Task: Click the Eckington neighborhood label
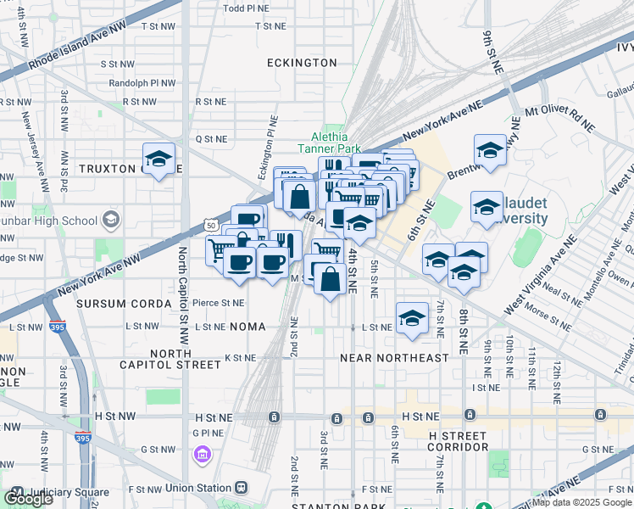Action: point(301,63)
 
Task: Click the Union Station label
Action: point(201,488)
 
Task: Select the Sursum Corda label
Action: point(112,303)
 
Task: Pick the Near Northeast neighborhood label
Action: point(394,358)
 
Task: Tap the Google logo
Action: point(28,498)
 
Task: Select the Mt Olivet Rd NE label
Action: point(559,118)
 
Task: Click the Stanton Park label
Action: point(327,506)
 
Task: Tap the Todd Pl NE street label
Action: point(244,8)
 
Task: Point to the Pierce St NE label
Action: point(218,302)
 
